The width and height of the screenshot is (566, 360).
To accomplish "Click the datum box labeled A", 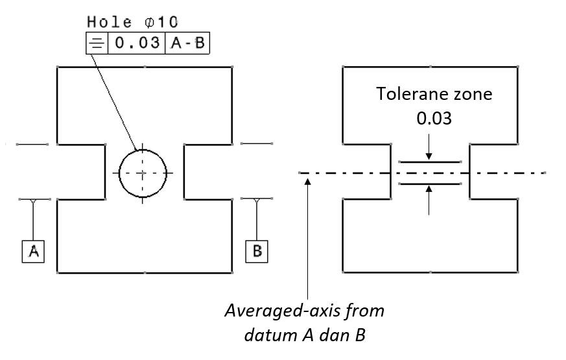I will [x=33, y=251].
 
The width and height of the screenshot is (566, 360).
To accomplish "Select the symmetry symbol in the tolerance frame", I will [x=95, y=44].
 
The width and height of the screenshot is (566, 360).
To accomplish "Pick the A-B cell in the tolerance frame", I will [x=188, y=44].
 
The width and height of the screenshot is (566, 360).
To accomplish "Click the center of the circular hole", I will [x=143, y=173].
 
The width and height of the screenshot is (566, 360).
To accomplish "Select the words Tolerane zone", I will [x=434, y=94].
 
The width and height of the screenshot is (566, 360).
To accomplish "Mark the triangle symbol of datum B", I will [x=257, y=201].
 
